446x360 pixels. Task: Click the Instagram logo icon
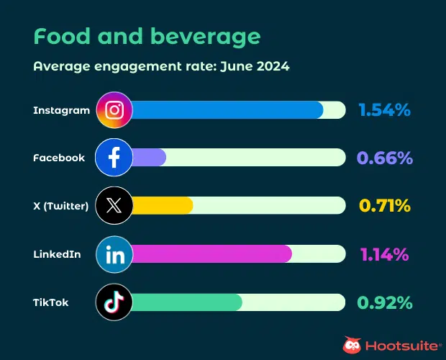point(114,109)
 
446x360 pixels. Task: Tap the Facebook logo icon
point(114,158)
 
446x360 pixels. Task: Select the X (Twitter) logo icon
point(114,205)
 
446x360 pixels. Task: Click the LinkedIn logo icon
point(114,254)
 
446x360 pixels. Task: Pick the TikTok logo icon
point(114,302)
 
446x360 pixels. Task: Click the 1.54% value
point(384,110)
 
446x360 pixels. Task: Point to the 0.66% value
point(384,158)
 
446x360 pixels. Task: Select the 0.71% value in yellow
point(384,206)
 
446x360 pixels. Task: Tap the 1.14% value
point(384,254)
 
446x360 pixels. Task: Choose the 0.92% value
point(384,302)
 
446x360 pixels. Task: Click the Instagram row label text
point(61,110)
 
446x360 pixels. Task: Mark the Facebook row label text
point(59,158)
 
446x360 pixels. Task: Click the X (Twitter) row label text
point(60,206)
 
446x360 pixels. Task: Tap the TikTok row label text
point(51,302)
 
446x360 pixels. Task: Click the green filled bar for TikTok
point(187,302)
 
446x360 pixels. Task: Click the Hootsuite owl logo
point(352,346)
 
